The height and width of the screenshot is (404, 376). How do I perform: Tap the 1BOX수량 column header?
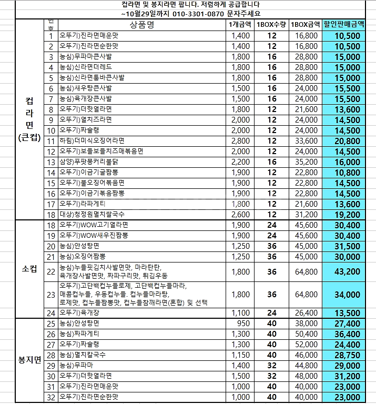tap(271, 25)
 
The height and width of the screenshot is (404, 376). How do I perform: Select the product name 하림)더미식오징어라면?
tap(92, 141)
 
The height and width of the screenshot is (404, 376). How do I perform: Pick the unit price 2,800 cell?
tap(240, 141)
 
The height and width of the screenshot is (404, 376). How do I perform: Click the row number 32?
tap(51, 397)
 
